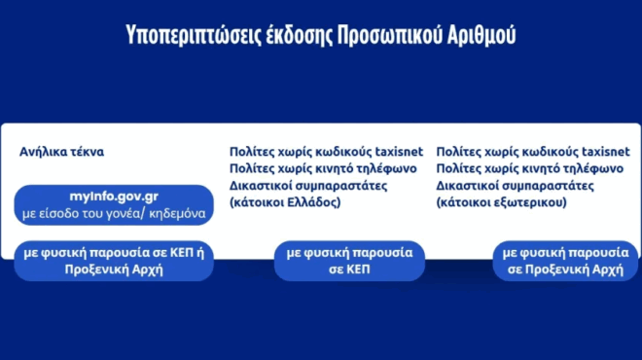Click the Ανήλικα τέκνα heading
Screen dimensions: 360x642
click(x=61, y=153)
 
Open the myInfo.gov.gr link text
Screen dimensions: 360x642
click(x=114, y=197)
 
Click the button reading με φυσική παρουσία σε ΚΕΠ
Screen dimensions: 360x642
click(x=349, y=260)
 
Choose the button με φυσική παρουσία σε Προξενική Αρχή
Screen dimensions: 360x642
click(x=562, y=260)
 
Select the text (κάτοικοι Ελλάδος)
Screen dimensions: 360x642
click(x=284, y=203)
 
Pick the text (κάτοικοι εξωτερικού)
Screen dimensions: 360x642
click(x=502, y=203)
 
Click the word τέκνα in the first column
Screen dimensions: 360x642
click(x=86, y=153)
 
